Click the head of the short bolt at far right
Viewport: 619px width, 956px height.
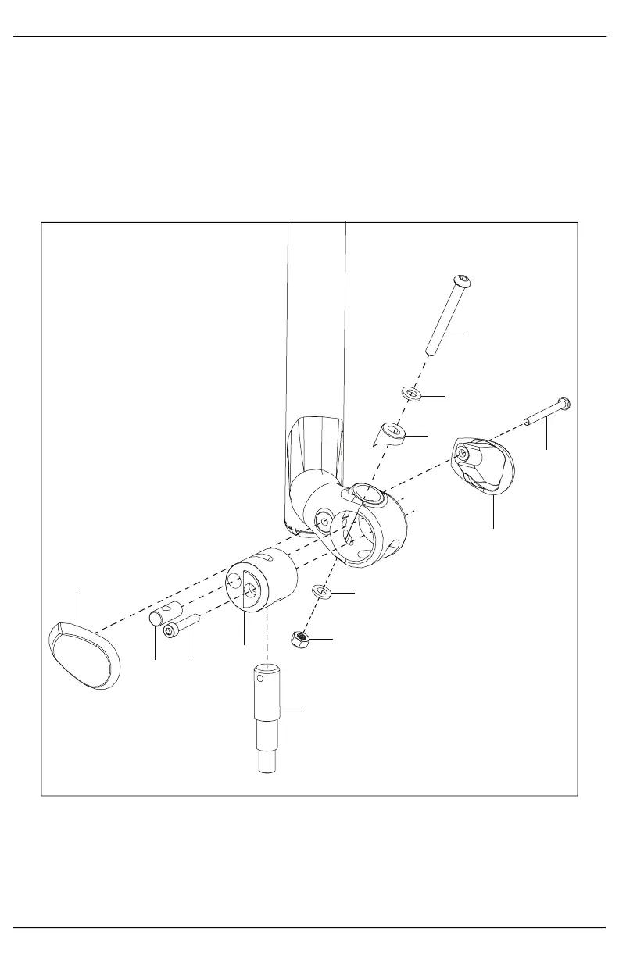click(564, 403)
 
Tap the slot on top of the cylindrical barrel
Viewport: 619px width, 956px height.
click(267, 560)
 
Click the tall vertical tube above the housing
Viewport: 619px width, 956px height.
click(317, 328)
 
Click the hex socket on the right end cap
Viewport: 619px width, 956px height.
click(463, 452)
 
